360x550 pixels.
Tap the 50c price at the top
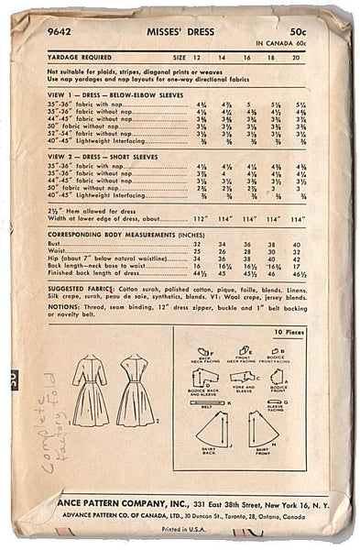[x=314, y=19]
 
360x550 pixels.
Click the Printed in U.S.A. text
[x=181, y=530]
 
